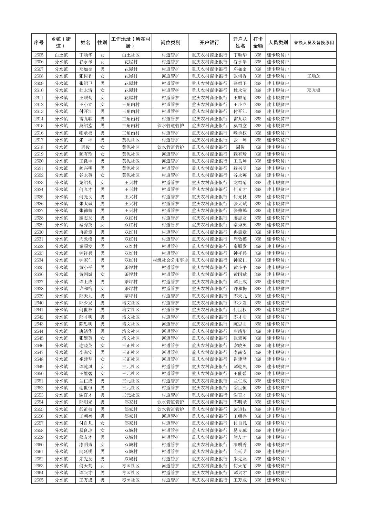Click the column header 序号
39,43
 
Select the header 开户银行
209,43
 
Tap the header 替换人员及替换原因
313,43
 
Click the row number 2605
39,55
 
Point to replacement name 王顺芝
313,76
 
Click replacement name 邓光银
313,90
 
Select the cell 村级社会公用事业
170,260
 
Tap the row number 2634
39,260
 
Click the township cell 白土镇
61,55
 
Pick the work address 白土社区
131,55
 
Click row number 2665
39,480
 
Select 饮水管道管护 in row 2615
170,126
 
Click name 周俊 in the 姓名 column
85,147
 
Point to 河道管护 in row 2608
170,76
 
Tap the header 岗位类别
170,43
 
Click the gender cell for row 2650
102,374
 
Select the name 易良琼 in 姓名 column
85,430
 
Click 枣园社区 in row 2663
131,466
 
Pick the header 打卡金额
258,43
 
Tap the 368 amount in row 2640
258,303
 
